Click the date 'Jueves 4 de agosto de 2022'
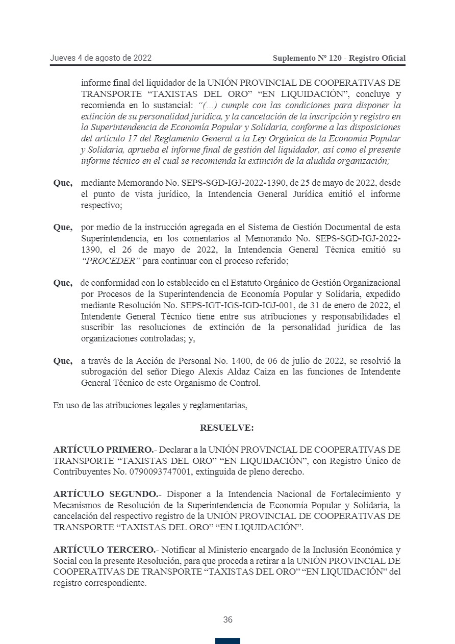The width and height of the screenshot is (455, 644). tap(100, 58)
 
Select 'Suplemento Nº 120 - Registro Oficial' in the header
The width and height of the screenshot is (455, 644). tap(339, 58)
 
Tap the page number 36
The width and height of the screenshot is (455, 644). tap(227, 620)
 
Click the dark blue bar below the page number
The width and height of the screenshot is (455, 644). tap(227, 640)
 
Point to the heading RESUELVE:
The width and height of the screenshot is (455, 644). tap(227, 428)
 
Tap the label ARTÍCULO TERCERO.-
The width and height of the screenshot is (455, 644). tap(105, 550)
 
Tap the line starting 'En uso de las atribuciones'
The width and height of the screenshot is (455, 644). tap(150, 406)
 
